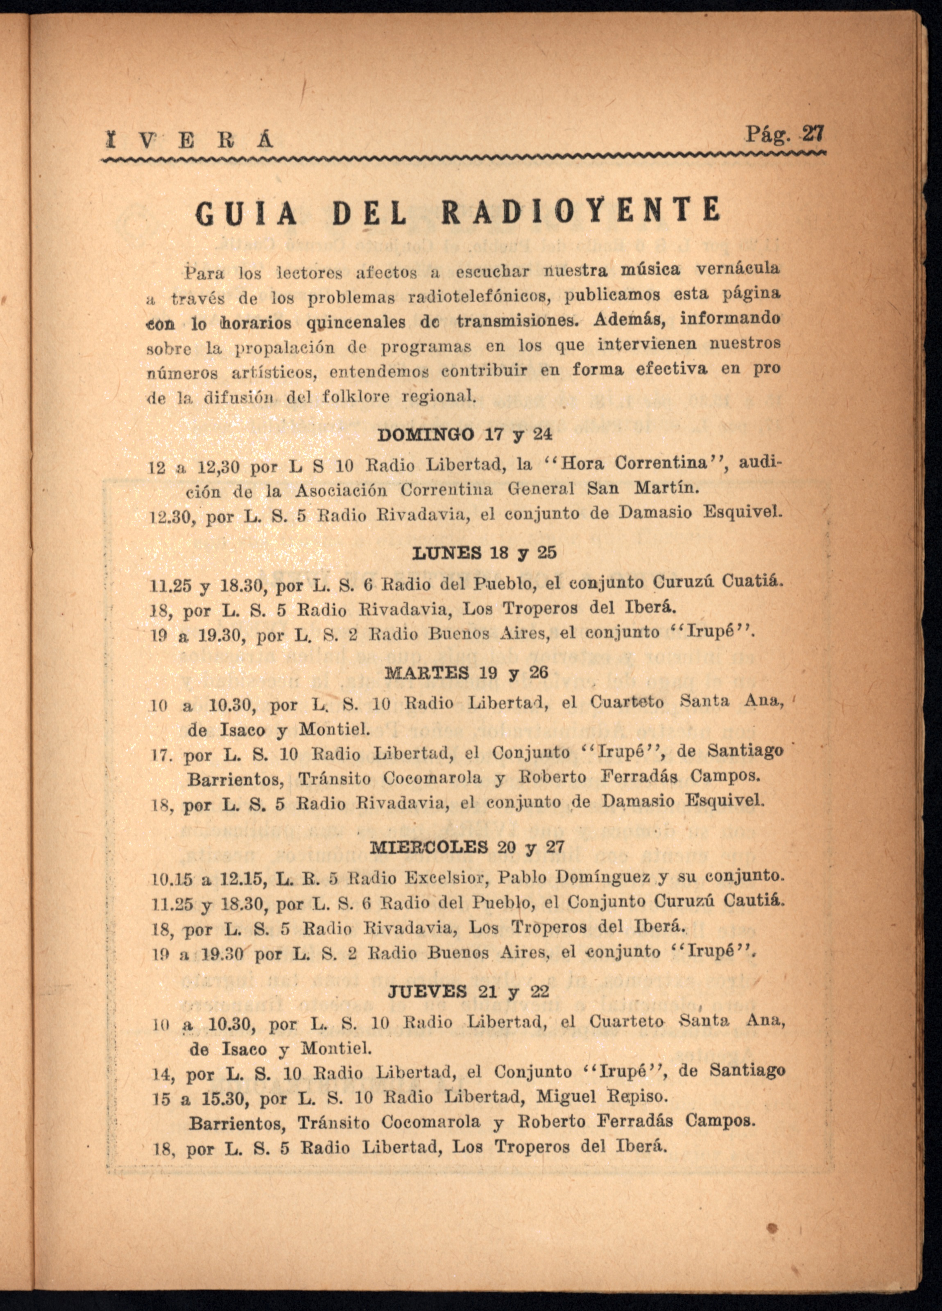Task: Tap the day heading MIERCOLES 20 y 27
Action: pos(466,847)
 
